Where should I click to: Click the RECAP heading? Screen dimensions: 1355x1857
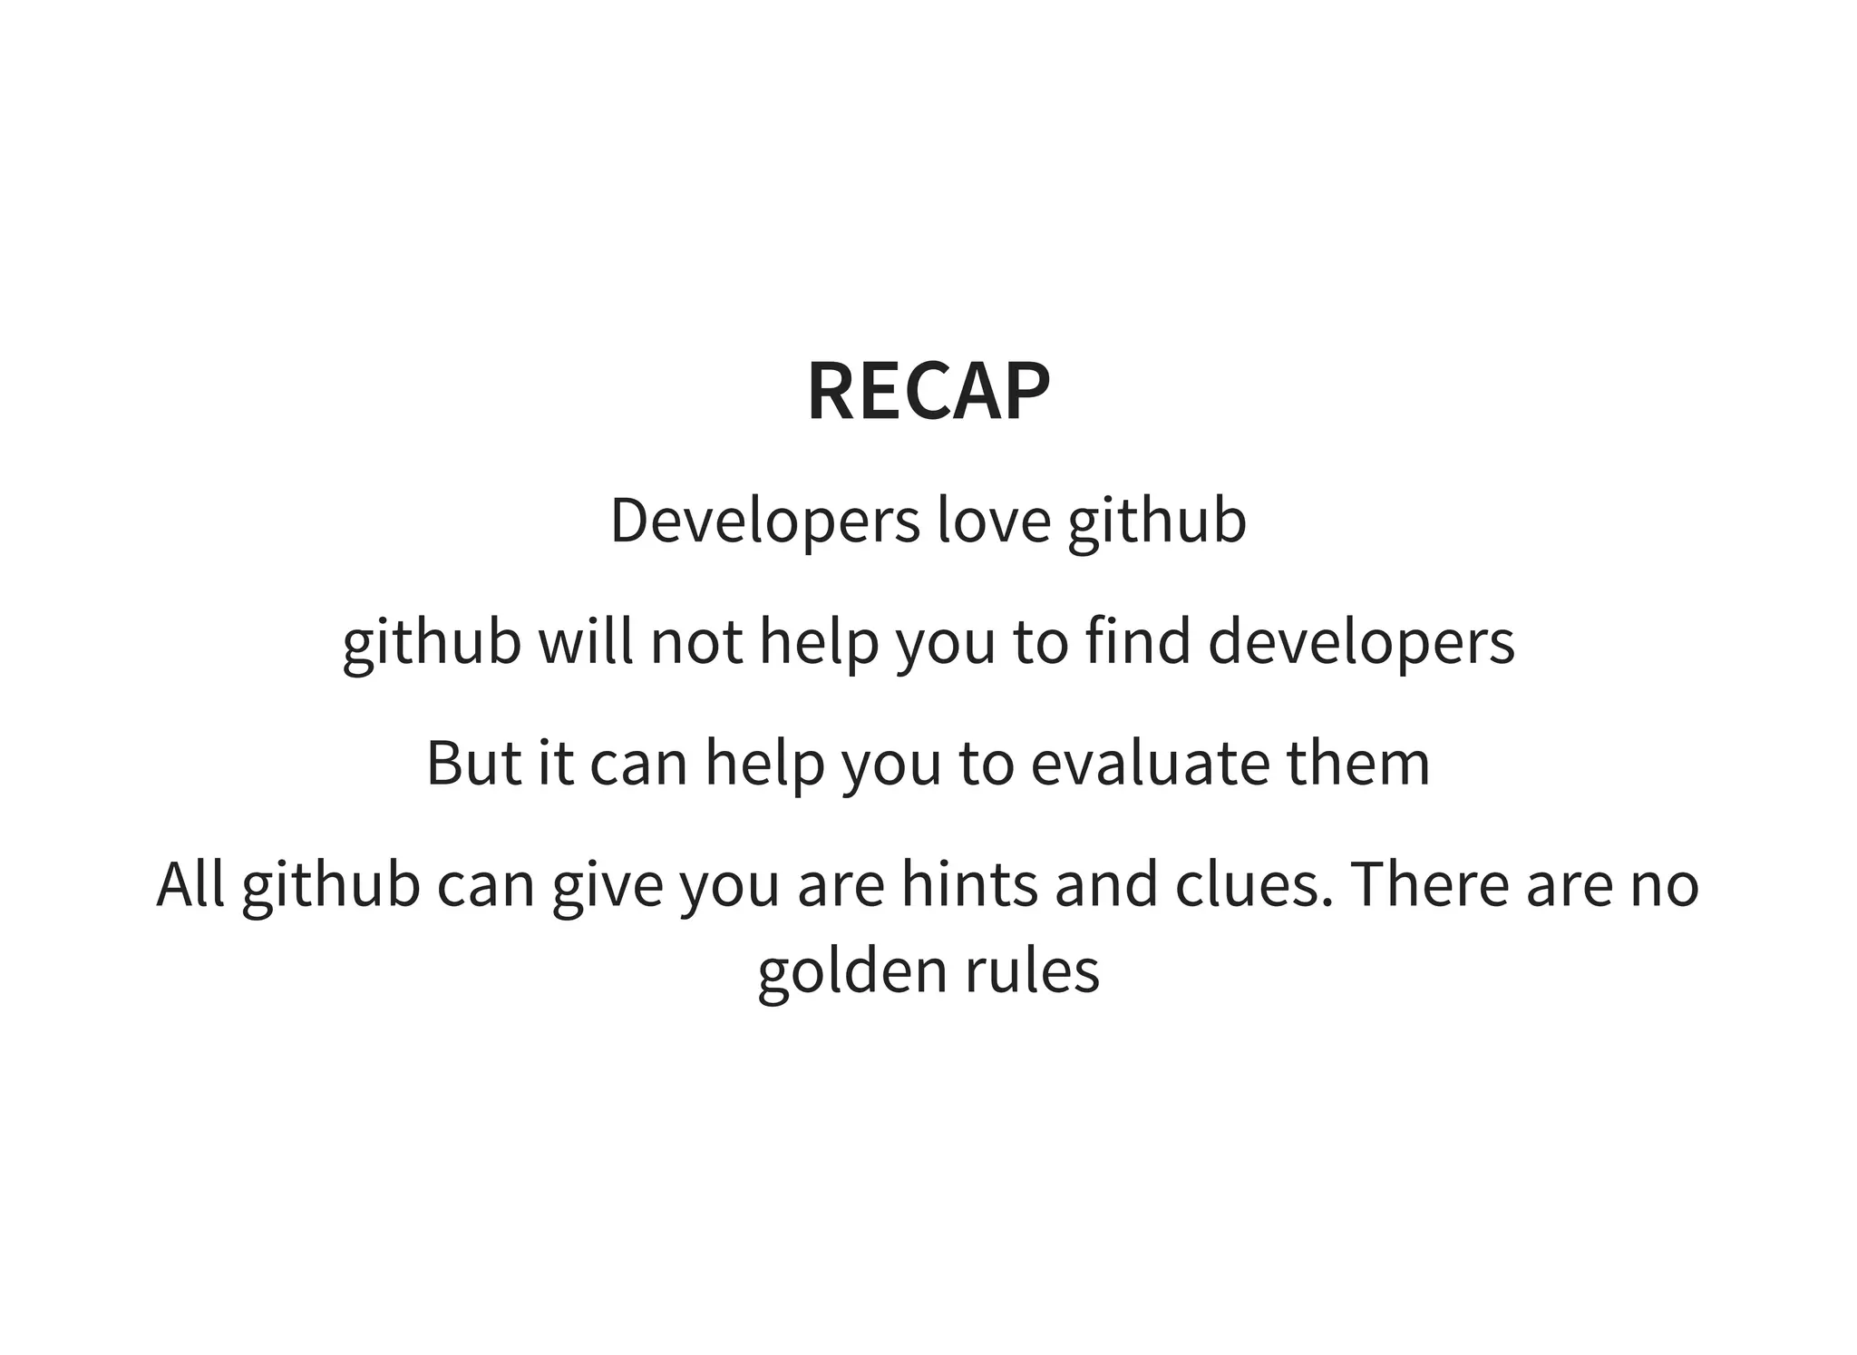coord(928,392)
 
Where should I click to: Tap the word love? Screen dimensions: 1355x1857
coord(994,522)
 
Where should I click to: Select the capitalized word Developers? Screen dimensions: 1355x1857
coord(764,522)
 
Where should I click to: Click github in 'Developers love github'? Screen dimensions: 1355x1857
coord(1156,523)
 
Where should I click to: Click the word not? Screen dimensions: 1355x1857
coord(696,641)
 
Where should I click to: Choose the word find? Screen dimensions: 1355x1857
coord(1138,641)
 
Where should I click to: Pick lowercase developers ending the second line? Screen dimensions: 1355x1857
coord(1361,643)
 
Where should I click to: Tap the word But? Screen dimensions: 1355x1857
coord(473,763)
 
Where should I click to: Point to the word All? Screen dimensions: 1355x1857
coord(190,884)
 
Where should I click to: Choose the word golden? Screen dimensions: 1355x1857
coord(852,971)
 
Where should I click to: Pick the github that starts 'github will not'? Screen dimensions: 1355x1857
coord(432,643)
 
